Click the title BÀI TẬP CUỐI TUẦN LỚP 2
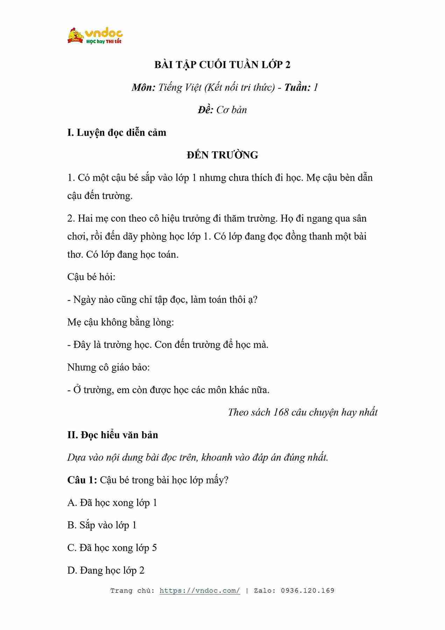(222, 65)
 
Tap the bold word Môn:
(143, 87)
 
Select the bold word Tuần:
(297, 87)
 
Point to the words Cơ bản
(232, 110)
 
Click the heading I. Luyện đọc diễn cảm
(116, 133)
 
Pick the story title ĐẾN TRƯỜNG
(222, 155)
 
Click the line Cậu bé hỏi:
(91, 277)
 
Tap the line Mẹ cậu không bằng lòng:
(120, 322)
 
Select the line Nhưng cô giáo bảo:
(108, 367)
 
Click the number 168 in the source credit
(281, 412)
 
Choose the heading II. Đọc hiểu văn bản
(113, 435)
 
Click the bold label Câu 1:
(82, 480)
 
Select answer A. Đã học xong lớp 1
(112, 503)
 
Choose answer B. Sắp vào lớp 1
(102, 525)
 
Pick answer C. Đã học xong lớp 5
(112, 548)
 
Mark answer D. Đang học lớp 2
(106, 570)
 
